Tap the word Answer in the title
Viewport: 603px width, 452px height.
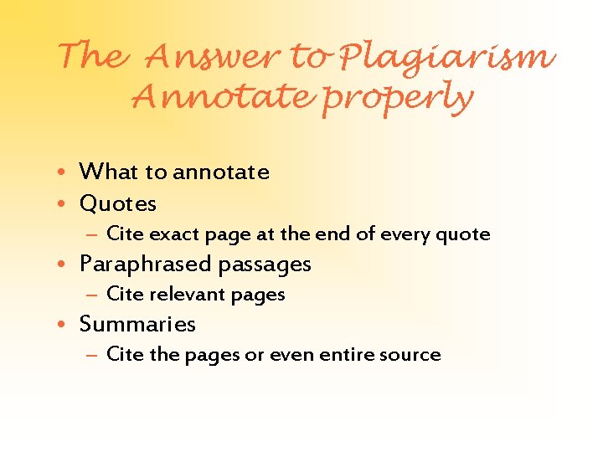pos(213,57)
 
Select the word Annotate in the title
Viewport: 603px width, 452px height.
pos(224,98)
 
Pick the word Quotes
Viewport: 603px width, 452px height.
pos(118,203)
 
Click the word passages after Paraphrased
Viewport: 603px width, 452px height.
pos(265,265)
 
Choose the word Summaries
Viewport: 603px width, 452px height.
pos(137,325)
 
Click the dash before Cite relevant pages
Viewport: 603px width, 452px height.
pos(93,295)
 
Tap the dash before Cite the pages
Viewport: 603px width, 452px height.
pos(93,355)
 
